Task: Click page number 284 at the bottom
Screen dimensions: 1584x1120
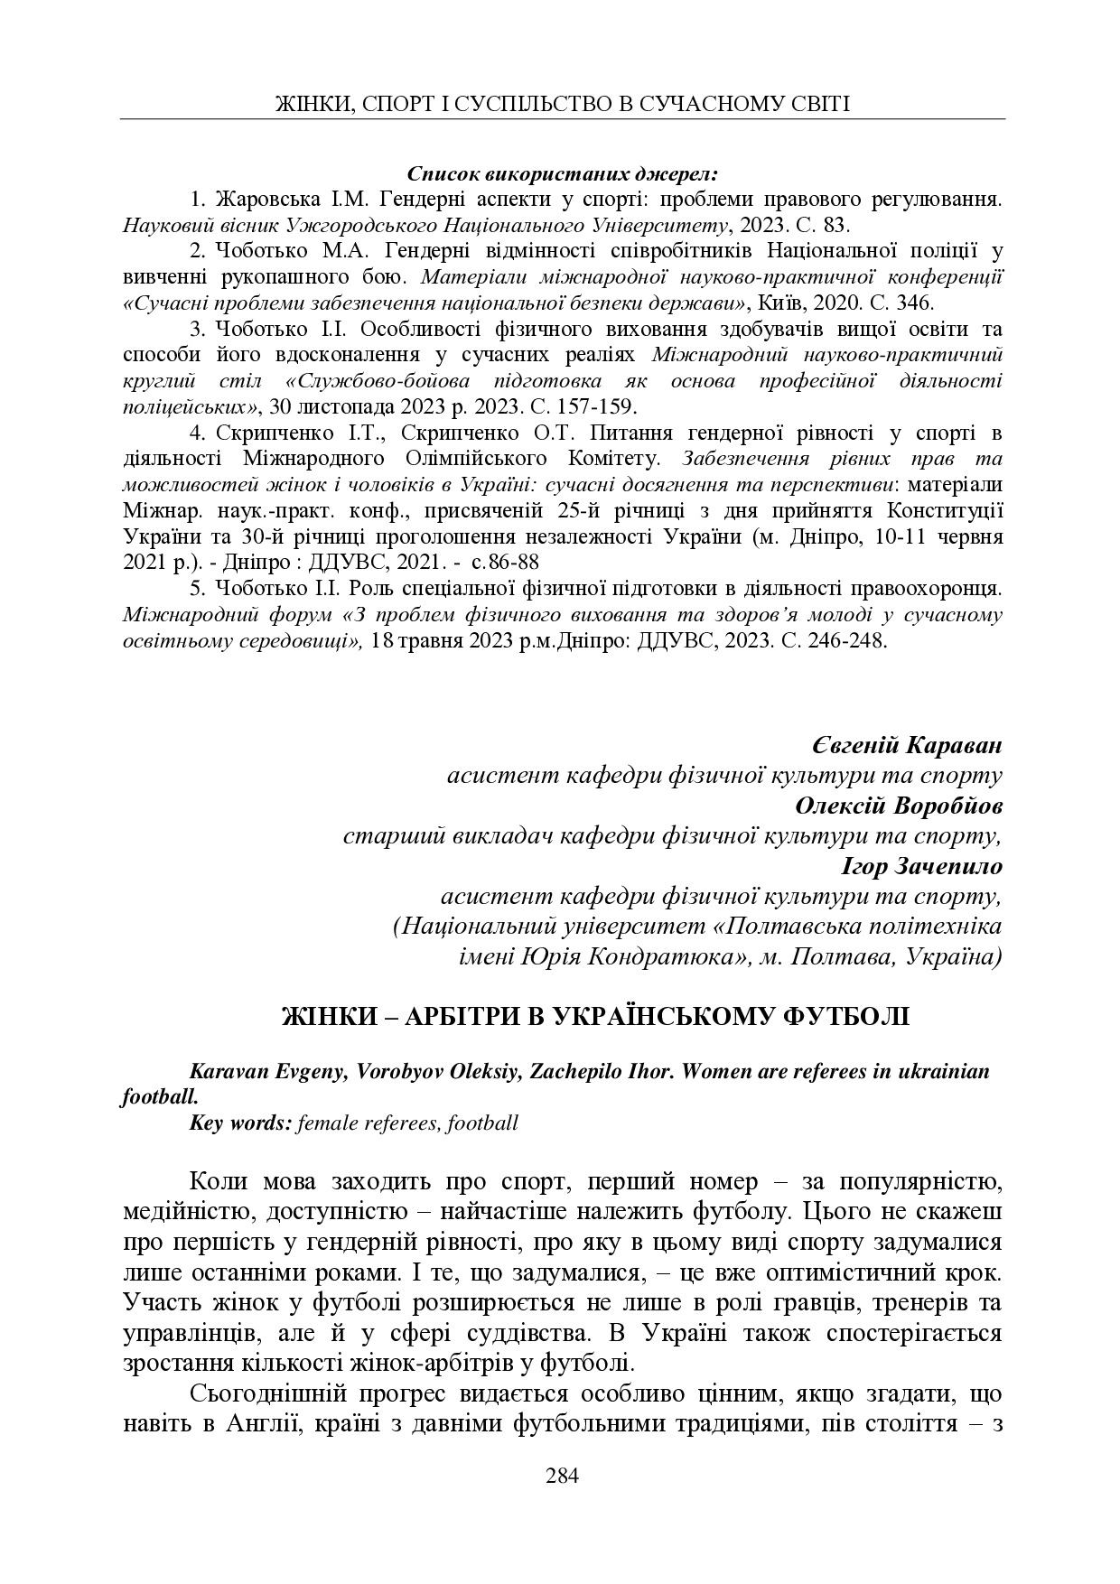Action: click(561, 1477)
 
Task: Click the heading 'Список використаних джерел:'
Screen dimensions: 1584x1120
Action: click(562, 172)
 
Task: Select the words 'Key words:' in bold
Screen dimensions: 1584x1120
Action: click(239, 1123)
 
